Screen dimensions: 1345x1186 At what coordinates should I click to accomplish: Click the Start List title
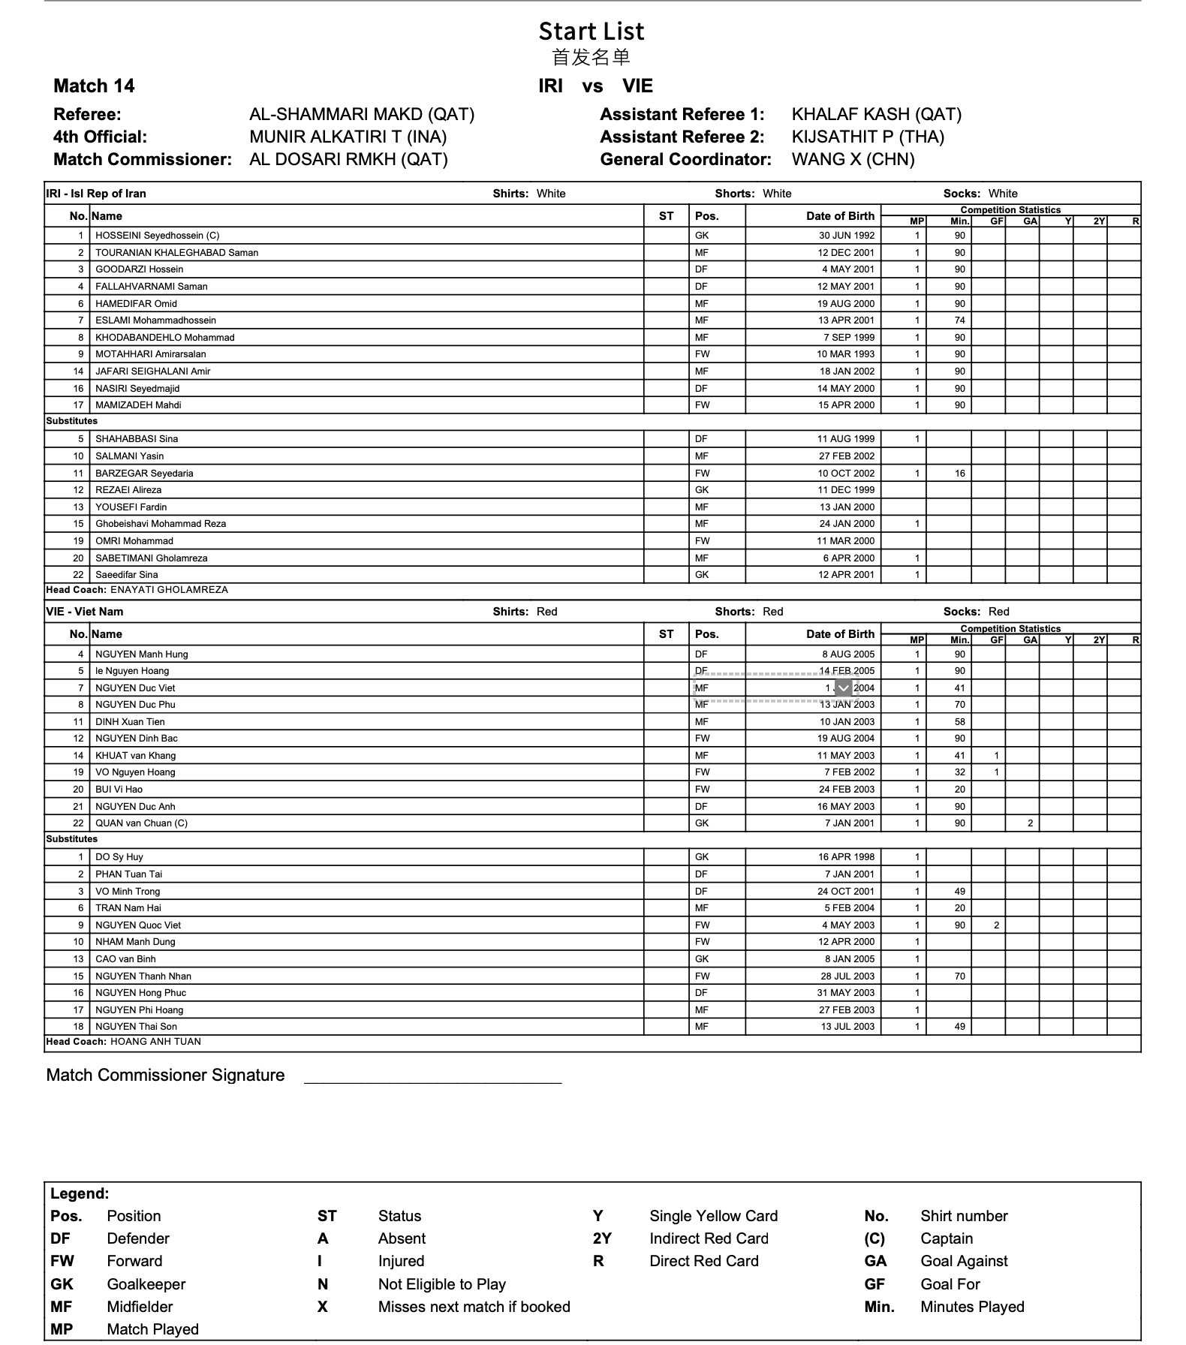[x=591, y=32]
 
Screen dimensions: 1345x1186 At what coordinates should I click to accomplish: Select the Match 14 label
[x=94, y=86]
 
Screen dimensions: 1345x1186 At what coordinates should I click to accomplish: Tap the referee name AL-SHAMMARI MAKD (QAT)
[x=362, y=115]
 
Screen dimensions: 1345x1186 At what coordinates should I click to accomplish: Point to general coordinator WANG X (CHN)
[x=853, y=160]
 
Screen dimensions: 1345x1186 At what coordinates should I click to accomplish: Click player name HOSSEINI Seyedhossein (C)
[x=157, y=236]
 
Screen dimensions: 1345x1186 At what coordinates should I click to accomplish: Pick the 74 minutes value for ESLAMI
[x=959, y=320]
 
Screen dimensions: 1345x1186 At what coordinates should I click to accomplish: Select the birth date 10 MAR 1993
[x=846, y=354]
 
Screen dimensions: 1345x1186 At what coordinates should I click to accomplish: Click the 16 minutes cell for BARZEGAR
[x=959, y=474]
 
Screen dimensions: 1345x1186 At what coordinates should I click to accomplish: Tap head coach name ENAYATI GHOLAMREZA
[x=169, y=590]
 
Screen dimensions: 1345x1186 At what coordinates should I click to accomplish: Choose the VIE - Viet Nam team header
[x=85, y=612]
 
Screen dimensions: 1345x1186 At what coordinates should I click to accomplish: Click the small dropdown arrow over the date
[x=844, y=688]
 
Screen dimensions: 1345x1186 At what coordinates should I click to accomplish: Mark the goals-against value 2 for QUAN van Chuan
[x=1030, y=823]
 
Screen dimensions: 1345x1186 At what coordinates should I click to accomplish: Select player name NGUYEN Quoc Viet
[x=138, y=925]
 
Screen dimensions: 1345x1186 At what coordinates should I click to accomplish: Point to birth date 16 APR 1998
[x=846, y=857]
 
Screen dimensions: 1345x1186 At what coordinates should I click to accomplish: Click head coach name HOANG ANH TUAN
[x=155, y=1042]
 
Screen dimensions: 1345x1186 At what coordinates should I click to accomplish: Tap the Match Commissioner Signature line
[x=432, y=1081]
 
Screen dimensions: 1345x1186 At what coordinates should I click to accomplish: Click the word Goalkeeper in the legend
[x=146, y=1284]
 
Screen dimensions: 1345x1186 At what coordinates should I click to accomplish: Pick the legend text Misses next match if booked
[x=474, y=1307]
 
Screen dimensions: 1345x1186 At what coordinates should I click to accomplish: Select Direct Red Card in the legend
[x=704, y=1261]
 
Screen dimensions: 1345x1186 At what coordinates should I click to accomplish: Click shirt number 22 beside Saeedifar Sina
[x=78, y=575]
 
